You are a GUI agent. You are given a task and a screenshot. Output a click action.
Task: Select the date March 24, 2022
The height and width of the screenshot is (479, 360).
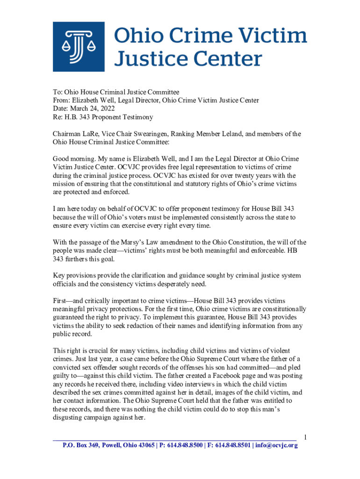click(x=93, y=109)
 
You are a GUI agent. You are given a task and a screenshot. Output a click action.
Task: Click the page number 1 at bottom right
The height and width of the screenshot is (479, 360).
click(x=305, y=437)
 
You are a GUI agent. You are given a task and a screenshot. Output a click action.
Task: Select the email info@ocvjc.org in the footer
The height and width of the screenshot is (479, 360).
click(x=276, y=445)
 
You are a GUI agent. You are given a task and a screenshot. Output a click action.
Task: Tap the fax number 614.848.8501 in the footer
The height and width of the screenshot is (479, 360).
click(x=231, y=445)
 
